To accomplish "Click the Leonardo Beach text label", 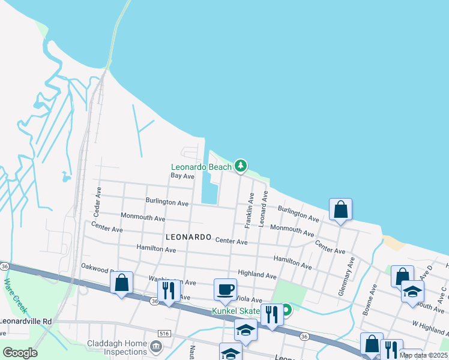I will coord(201,167).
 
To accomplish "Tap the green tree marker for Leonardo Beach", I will coord(241,165).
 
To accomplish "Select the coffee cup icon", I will coord(226,290).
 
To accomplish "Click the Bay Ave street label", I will coord(182,176).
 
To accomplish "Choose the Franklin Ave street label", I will coord(248,209).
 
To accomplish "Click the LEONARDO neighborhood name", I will coord(188,238).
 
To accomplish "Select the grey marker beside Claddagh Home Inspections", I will coord(156,346).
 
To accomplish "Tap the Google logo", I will coord(20,352).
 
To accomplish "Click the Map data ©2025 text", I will coord(424,355).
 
